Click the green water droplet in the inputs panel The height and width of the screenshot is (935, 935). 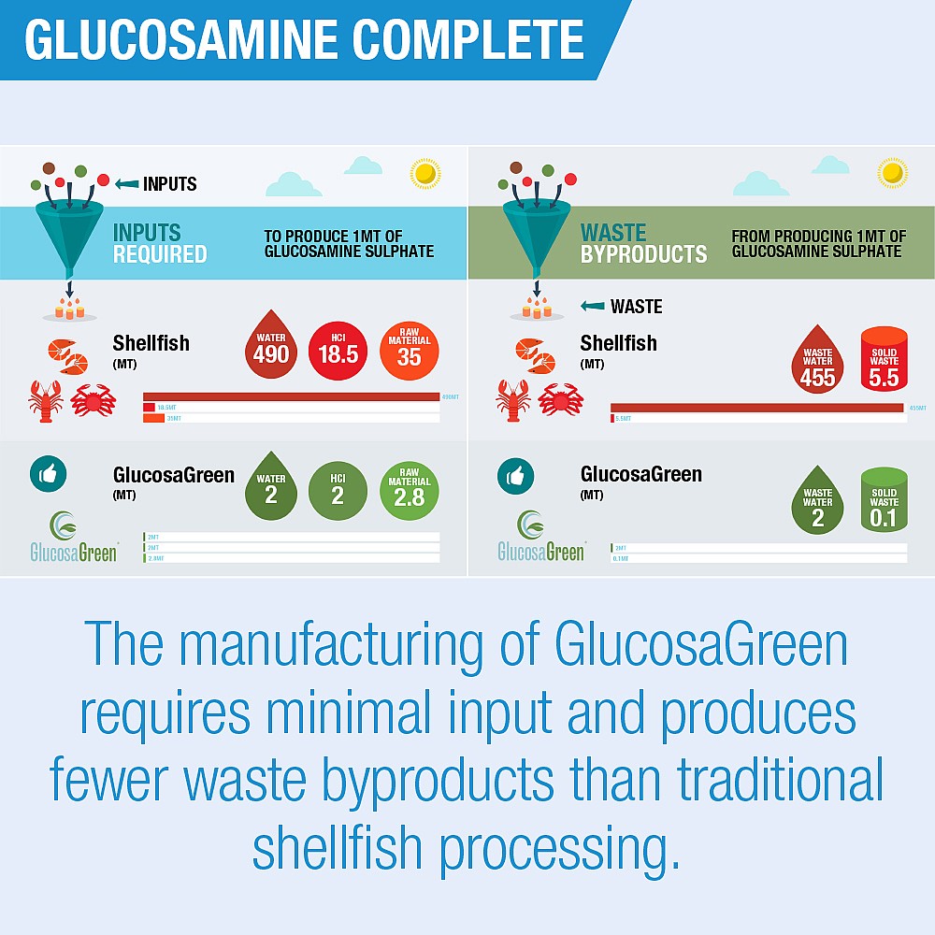pos(271,490)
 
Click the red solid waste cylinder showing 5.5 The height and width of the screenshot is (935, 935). pos(884,358)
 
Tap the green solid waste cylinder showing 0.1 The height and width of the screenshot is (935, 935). pos(884,501)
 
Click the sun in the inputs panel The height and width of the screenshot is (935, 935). pos(425,173)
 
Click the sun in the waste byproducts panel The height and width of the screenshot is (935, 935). pos(893,173)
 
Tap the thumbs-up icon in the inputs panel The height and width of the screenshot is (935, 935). pos(48,475)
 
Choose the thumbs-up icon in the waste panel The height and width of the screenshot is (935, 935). pos(515,475)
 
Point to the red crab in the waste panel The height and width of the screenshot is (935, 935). pos(561,399)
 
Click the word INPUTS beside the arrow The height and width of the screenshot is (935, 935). pos(169,184)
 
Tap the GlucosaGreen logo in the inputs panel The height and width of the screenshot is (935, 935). pos(73,538)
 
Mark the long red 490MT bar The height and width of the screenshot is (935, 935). pos(291,396)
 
